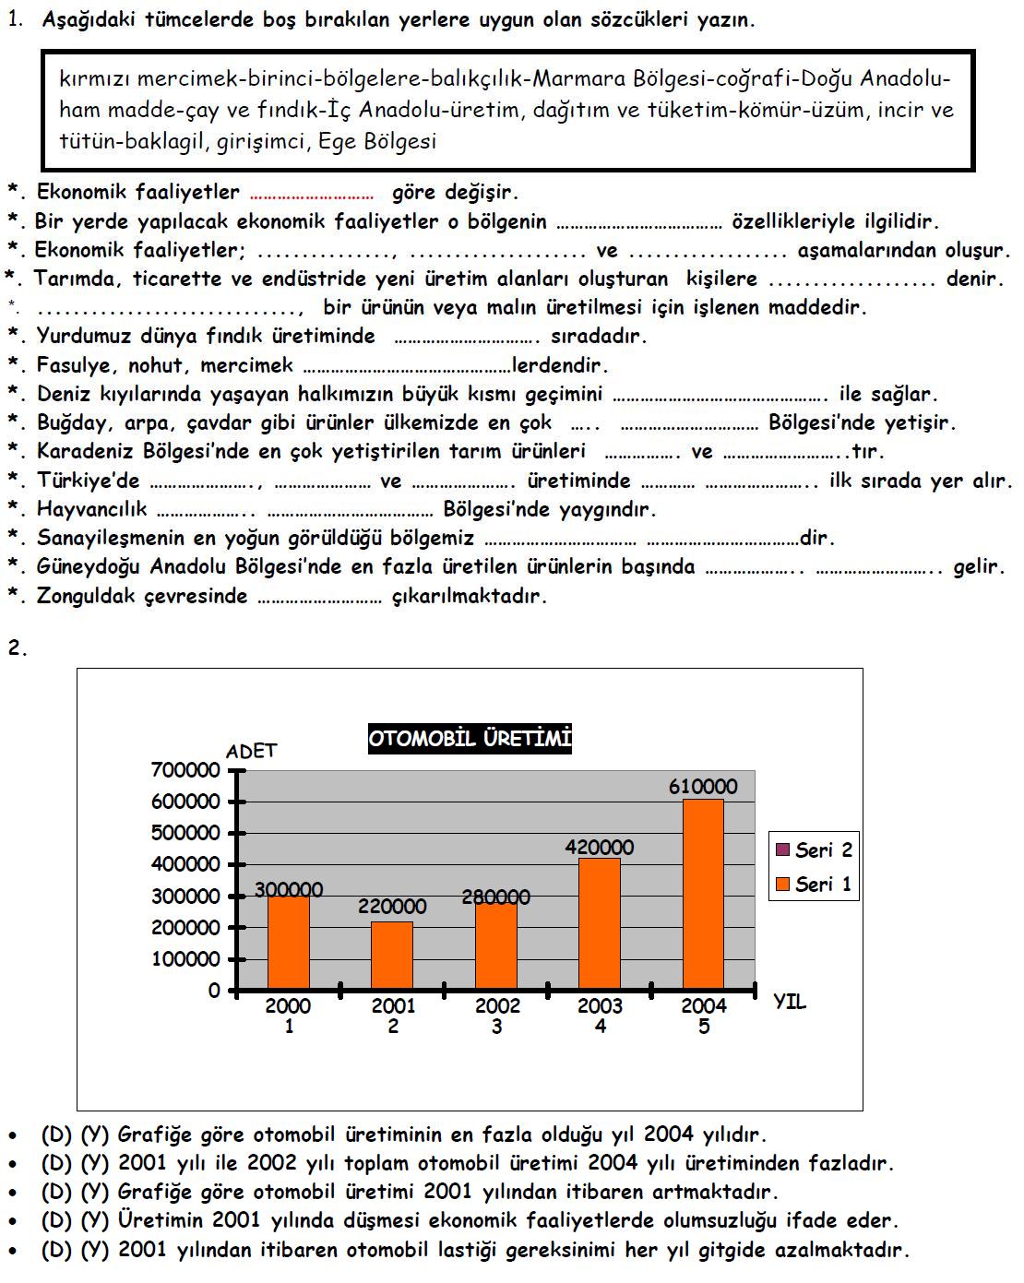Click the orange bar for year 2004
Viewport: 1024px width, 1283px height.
(703, 895)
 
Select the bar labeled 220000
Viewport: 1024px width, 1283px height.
(392, 956)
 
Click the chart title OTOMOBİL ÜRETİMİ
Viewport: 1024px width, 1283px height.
(470, 739)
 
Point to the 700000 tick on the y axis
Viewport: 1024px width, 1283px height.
(186, 770)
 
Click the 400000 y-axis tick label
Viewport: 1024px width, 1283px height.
(186, 865)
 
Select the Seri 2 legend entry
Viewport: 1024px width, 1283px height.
(813, 850)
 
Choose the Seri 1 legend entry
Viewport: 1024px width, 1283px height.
(813, 885)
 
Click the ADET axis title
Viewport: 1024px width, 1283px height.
(251, 751)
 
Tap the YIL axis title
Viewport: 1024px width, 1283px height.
(790, 1002)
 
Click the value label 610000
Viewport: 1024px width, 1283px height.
(703, 787)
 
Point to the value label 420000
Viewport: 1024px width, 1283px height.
(600, 847)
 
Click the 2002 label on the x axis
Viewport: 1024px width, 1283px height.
(496, 1006)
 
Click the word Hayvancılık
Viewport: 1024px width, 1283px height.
(91, 509)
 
